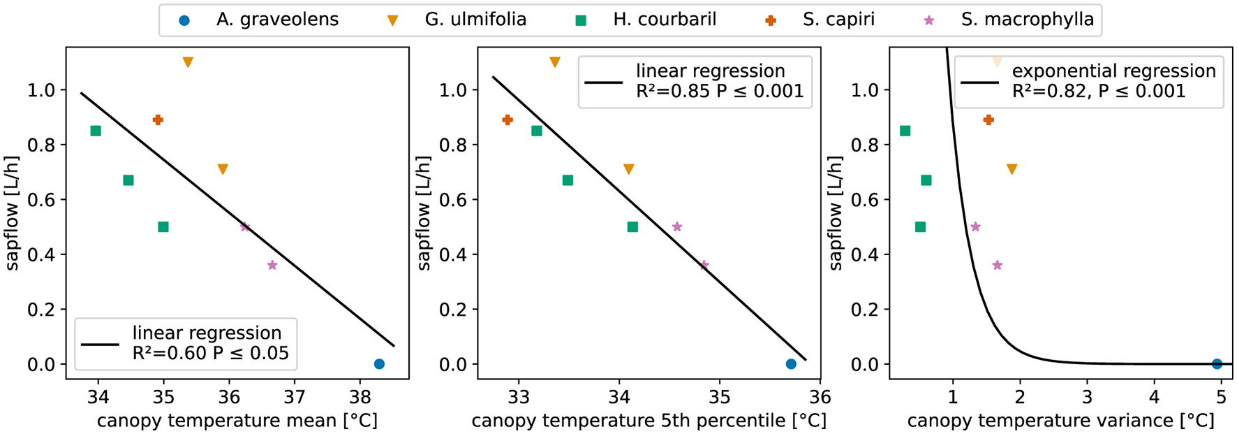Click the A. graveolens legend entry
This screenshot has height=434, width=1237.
click(276, 20)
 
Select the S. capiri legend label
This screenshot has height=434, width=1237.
click(838, 20)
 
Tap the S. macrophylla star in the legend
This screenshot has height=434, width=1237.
click(928, 20)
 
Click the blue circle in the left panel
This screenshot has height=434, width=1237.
click(379, 364)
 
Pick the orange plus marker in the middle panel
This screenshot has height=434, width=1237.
click(508, 120)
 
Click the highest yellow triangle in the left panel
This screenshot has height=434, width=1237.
click(188, 62)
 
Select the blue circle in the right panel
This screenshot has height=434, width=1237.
click(1217, 364)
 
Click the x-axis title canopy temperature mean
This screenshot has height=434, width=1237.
click(237, 421)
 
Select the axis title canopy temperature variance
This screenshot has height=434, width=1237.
click(1060, 421)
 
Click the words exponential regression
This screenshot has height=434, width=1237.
click(1113, 71)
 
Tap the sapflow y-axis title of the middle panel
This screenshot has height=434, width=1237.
click(424, 213)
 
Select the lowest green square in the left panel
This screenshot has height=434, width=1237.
click(163, 227)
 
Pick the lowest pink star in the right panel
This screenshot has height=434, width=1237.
click(997, 266)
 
